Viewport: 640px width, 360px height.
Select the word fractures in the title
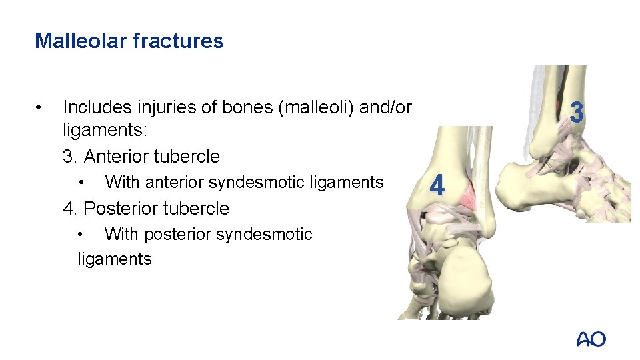tap(178, 41)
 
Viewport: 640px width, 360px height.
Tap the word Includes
tap(97, 107)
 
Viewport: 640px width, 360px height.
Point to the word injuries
tap(166, 107)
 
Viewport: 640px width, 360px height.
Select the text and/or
tap(385, 107)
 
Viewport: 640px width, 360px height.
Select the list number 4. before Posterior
tap(70, 208)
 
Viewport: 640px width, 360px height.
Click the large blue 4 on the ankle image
tap(437, 185)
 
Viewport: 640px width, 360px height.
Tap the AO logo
tap(591, 339)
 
